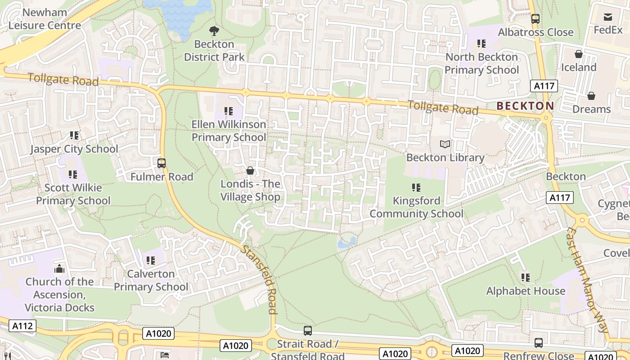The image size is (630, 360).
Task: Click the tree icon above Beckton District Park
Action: pyautogui.click(x=214, y=31)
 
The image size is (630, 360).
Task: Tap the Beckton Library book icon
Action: pyautogui.click(x=445, y=144)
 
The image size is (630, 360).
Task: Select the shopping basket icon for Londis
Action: pyautogui.click(x=250, y=171)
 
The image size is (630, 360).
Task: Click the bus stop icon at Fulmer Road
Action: pyautogui.click(x=162, y=163)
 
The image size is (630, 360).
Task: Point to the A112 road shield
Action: pyautogui.click(x=22, y=326)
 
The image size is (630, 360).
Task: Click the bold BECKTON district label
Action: pyautogui.click(x=525, y=106)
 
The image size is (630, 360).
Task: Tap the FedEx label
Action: pyautogui.click(x=607, y=30)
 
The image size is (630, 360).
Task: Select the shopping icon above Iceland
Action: pyautogui.click(x=579, y=54)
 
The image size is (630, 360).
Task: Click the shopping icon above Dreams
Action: pyautogui.click(x=591, y=96)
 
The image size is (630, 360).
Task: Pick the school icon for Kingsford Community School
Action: pyautogui.click(x=416, y=187)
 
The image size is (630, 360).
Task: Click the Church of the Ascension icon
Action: pyautogui.click(x=59, y=269)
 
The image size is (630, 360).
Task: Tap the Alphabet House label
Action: pyautogui.click(x=526, y=291)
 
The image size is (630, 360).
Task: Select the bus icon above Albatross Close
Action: pyautogui.click(x=535, y=19)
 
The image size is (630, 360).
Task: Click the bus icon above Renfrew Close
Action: pyautogui.click(x=539, y=343)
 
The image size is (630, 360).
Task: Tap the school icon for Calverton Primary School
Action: pyautogui.click(x=151, y=261)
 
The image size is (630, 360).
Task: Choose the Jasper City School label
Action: pyautogui.click(x=74, y=149)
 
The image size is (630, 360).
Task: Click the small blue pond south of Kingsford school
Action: pyautogui.click(x=346, y=243)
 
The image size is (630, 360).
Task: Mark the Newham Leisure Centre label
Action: pyautogui.click(x=45, y=19)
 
